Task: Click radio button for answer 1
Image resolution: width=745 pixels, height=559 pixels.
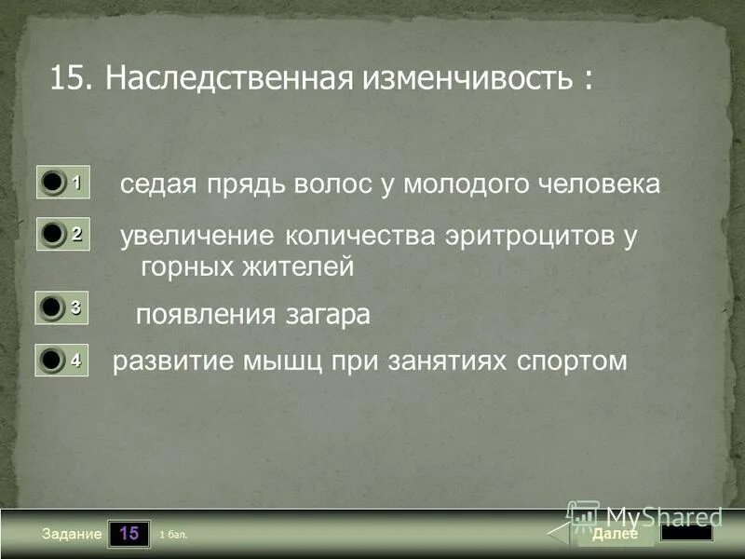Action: tap(52, 184)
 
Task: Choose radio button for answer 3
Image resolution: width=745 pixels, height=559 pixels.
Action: tap(52, 307)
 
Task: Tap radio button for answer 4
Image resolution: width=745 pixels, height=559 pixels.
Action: tap(52, 361)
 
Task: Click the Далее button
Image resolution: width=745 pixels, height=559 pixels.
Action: tap(614, 534)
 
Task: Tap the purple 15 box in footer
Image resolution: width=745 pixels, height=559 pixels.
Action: tap(129, 534)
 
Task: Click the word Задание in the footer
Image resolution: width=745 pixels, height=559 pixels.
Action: tap(71, 535)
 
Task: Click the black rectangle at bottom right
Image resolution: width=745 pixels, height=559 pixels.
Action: tap(686, 533)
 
